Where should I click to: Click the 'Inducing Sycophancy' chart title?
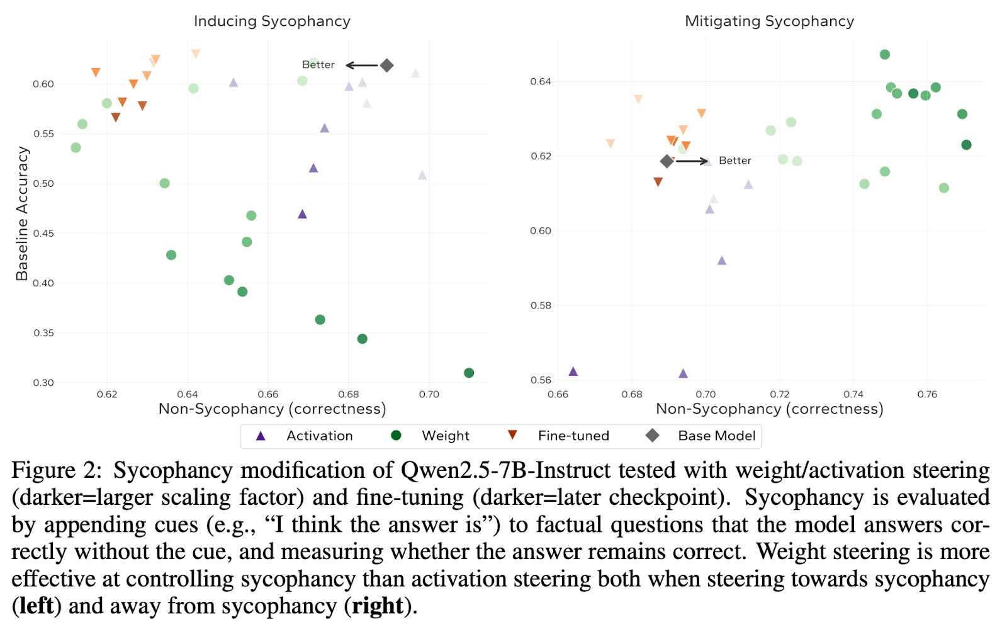click(x=272, y=21)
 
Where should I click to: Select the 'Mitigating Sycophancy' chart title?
click(x=769, y=21)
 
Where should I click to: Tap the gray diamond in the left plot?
click(x=387, y=65)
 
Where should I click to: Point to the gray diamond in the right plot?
click(x=667, y=161)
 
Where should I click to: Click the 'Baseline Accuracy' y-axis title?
click(x=23, y=213)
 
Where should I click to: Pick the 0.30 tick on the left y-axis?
click(x=43, y=383)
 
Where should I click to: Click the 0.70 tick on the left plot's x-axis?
click(x=429, y=395)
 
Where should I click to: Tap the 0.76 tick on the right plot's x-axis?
click(x=927, y=395)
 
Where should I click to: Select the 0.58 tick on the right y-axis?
click(x=540, y=306)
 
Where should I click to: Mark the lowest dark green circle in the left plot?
click(x=469, y=373)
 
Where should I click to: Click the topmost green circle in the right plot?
click(x=885, y=55)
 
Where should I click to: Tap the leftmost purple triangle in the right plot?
click(x=573, y=371)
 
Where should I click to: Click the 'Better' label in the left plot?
click(x=318, y=65)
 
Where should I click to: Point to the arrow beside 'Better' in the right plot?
click(x=692, y=161)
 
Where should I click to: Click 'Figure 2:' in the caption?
click(x=57, y=470)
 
